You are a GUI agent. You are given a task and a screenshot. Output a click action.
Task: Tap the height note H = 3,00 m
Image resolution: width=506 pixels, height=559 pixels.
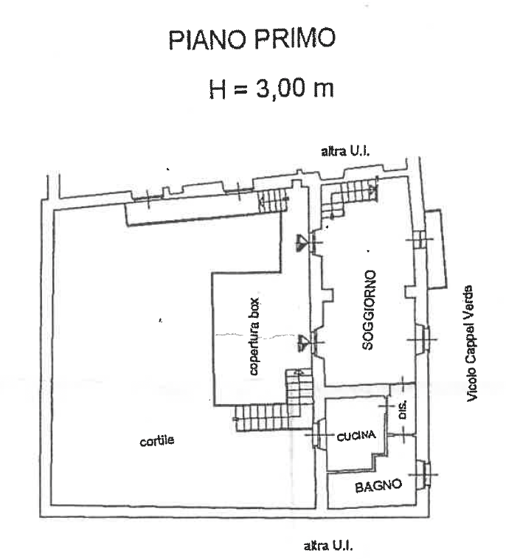pos(271,88)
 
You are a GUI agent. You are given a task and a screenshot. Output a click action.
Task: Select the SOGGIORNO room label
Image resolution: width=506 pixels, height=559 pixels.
pos(369,310)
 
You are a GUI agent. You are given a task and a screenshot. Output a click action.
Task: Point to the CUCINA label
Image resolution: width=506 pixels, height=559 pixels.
pos(356,436)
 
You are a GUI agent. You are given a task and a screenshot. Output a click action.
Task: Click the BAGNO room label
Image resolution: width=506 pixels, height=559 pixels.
pos(378,486)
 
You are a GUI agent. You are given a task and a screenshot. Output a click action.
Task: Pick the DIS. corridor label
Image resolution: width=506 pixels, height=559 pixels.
pos(403,410)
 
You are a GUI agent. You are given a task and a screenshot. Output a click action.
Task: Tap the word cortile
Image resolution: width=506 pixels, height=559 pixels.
pos(157,441)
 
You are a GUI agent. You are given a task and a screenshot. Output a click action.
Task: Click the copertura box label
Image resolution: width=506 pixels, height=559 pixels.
pos(254,336)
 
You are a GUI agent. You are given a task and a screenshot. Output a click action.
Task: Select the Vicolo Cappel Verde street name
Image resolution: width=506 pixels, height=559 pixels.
pos(471,344)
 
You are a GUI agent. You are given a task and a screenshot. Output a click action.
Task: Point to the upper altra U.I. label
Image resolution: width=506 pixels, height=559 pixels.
pos(345,151)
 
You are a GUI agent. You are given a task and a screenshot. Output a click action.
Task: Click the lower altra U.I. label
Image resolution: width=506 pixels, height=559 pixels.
pos(328,546)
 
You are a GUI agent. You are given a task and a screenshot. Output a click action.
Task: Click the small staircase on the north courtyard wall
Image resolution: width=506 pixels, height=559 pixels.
pos(273,201)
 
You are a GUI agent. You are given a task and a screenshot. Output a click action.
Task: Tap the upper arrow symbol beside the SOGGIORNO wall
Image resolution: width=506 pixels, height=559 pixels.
pos(302,243)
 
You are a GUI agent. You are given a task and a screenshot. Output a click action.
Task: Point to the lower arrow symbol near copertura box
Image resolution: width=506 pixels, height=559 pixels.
pos(303,343)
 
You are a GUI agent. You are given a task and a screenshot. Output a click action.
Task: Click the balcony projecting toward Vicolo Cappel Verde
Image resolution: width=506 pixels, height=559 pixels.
pos(436,249)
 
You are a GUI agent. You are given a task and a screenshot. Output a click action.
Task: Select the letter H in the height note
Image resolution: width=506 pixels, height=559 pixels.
pos(217,89)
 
